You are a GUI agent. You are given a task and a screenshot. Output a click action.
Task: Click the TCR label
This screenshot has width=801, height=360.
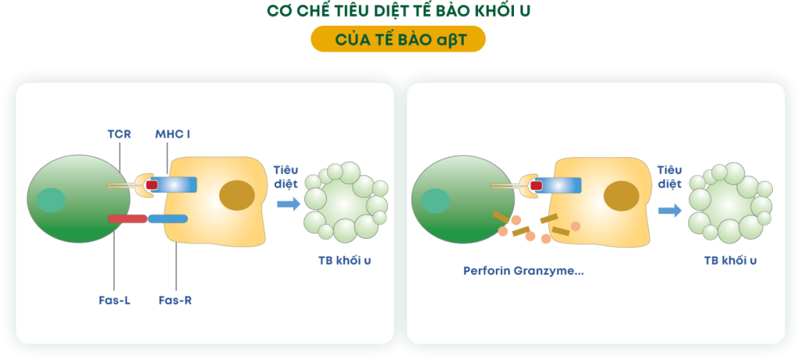coord(120,135)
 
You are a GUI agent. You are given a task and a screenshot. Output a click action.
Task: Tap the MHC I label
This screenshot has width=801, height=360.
coord(173,135)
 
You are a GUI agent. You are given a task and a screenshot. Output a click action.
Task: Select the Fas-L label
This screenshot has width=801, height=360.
coord(114,301)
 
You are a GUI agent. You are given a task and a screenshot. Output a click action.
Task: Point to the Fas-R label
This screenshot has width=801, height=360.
coord(175,301)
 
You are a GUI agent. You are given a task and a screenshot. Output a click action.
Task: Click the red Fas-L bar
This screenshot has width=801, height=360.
coord(128,219)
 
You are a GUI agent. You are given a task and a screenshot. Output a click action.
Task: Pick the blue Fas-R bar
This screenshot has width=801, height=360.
coord(168,219)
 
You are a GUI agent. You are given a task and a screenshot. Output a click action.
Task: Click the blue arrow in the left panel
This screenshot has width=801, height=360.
coord(289,204)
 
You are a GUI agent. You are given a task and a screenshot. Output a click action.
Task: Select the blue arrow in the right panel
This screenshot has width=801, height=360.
coord(670,211)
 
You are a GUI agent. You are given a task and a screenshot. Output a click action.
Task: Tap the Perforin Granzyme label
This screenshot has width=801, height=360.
coord(523,271)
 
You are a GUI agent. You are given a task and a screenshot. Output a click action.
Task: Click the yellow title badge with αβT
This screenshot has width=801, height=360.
coord(398,39)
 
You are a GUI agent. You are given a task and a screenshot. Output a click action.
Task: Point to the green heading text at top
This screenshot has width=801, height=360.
coord(398,11)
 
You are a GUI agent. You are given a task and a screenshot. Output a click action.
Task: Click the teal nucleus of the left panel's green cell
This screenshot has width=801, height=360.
coord(51,200)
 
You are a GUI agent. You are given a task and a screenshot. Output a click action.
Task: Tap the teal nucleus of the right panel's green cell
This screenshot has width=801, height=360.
coord(435,201)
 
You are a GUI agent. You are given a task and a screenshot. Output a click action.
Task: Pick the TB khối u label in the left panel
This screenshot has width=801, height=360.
coord(344,261)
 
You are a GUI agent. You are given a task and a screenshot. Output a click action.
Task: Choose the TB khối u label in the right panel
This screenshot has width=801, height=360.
coord(730,261)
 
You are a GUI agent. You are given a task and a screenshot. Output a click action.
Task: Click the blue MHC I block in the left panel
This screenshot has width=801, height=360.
coord(173,185)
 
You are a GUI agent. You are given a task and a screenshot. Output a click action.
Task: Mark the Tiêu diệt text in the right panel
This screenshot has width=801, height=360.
coord(670,177)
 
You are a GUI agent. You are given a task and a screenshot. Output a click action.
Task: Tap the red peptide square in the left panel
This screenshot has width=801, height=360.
coord(151,185)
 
